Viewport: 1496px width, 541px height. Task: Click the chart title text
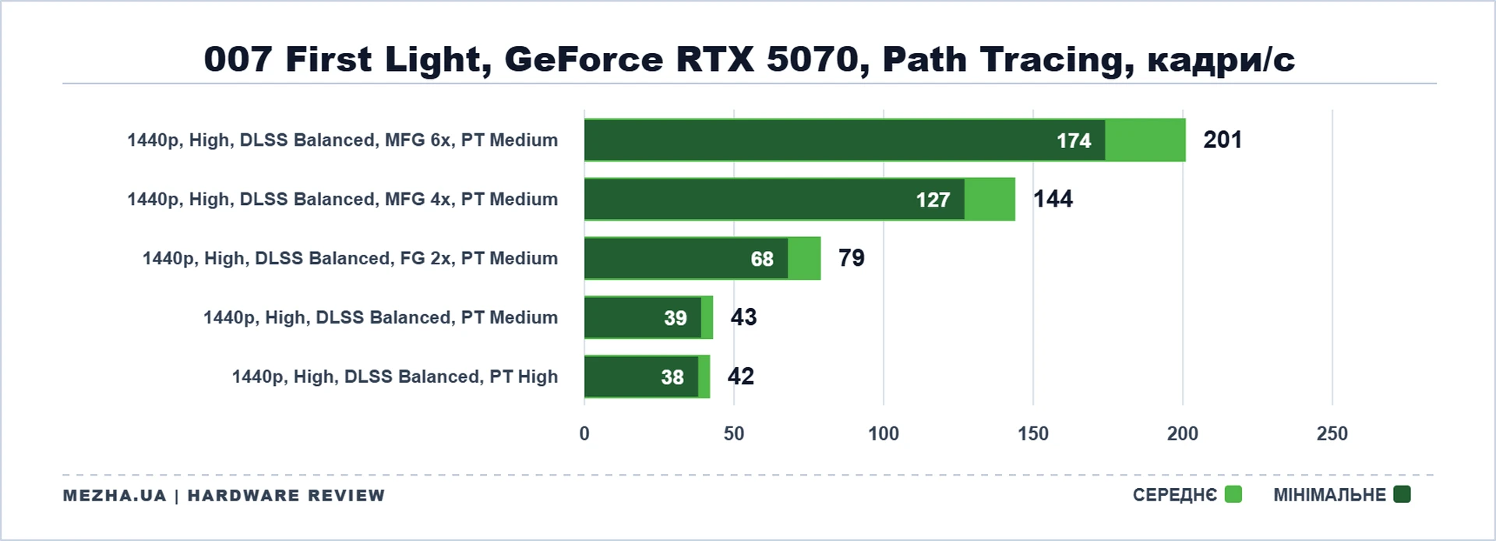[749, 60]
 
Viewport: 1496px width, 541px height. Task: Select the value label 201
[1223, 140]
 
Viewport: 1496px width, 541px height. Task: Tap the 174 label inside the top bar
[1074, 141]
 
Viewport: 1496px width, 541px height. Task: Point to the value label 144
[1053, 200]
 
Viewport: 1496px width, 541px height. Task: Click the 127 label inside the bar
[933, 200]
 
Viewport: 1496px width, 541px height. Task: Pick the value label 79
[852, 258]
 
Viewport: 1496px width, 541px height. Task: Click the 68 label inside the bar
[762, 260]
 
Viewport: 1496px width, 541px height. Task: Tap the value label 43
[743, 317]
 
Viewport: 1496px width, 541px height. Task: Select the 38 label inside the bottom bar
[672, 378]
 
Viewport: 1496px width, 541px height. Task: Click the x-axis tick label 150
[1033, 434]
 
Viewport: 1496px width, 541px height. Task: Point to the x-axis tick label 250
[1332, 434]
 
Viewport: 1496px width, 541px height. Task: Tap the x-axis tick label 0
[584, 434]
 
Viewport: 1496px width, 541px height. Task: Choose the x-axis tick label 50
[734, 434]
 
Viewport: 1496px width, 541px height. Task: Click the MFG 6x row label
[343, 140]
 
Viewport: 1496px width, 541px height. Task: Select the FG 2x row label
[350, 259]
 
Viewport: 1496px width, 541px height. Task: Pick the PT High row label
[395, 377]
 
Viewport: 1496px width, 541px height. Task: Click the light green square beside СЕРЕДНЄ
[1233, 494]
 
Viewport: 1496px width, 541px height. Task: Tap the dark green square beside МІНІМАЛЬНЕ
[1402, 494]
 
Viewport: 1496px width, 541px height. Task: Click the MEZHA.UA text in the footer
[115, 496]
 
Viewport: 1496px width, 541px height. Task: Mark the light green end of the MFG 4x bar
[990, 200]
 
